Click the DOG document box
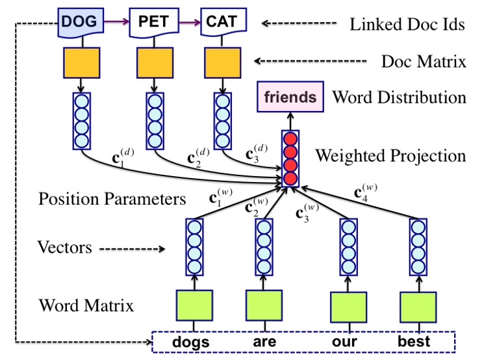[x=81, y=22]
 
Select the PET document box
[x=154, y=22]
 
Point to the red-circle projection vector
[x=290, y=157]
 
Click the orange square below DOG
[x=81, y=63]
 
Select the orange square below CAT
[x=223, y=63]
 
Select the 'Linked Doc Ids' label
[x=407, y=25]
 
